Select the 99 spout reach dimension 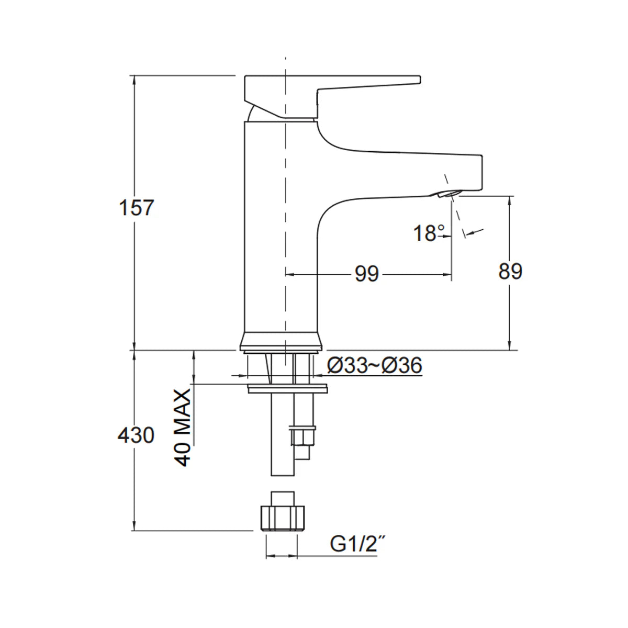click(366, 274)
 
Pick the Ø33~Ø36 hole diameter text click(374, 366)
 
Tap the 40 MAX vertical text click(183, 428)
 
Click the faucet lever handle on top click(335, 86)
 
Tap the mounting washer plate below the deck click(287, 389)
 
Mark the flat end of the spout click(480, 173)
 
